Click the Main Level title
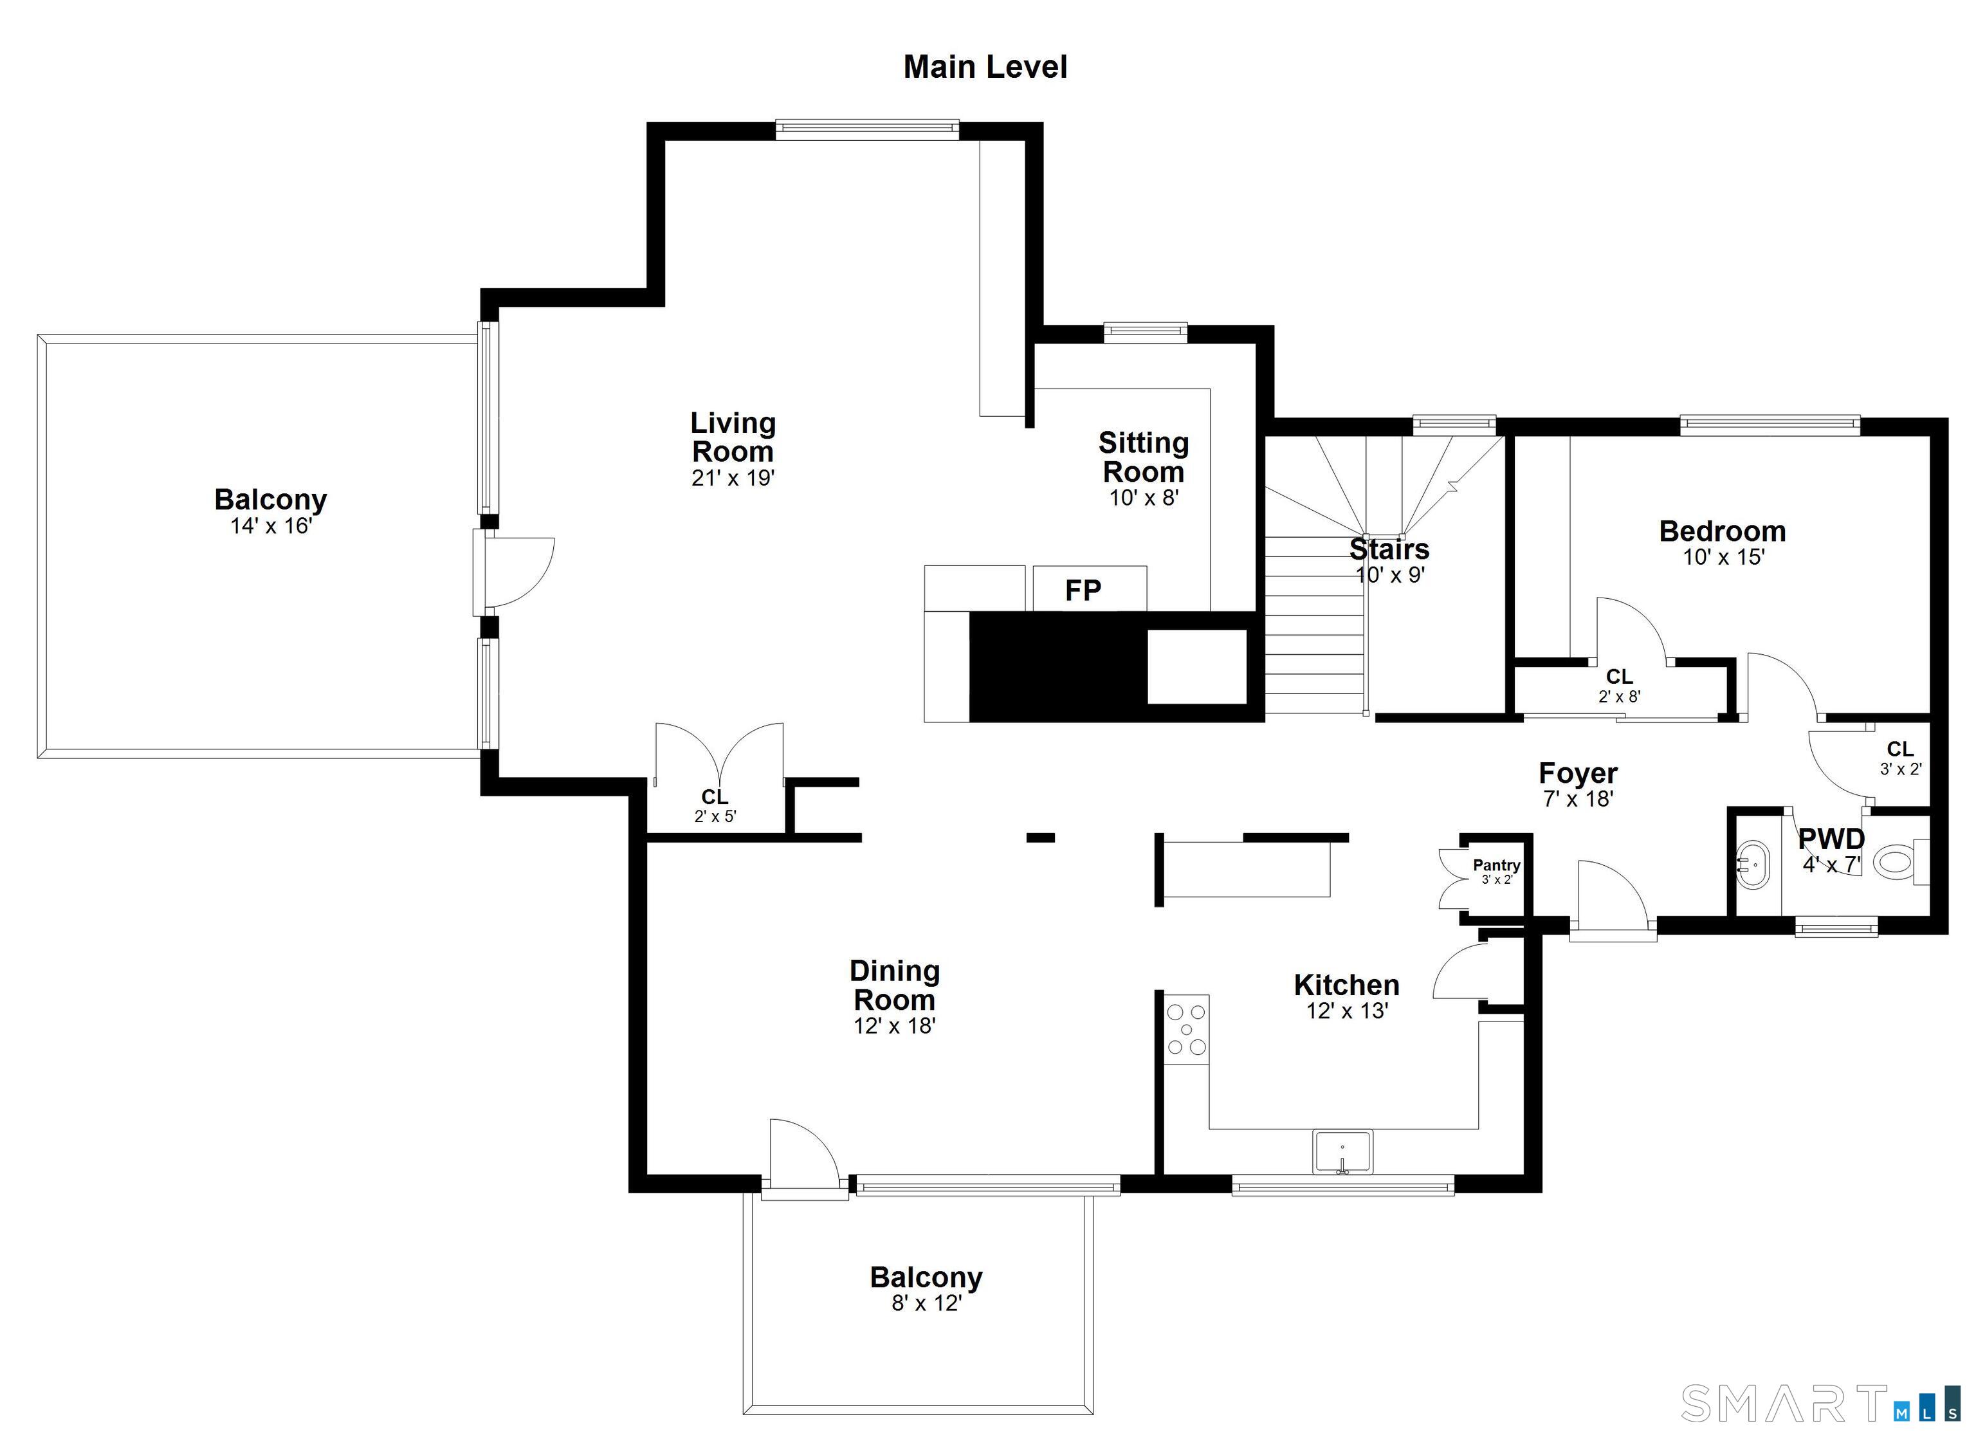click(985, 67)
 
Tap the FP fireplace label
click(1083, 591)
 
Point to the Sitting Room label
click(1143, 457)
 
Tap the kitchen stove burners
click(1187, 1029)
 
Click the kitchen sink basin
click(1342, 1152)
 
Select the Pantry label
click(1497, 865)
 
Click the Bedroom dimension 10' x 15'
click(1723, 557)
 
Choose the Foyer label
click(1578, 773)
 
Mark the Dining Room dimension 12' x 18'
click(894, 1026)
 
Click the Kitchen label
click(1346, 985)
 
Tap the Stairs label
click(1389, 549)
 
